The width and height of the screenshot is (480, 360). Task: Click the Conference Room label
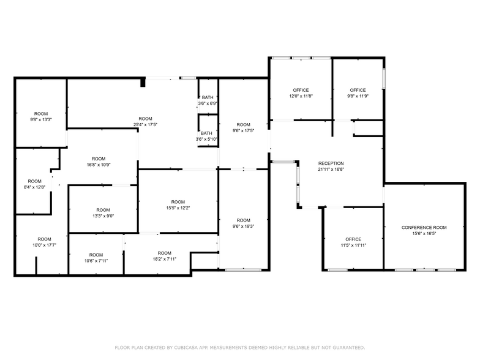point(424,227)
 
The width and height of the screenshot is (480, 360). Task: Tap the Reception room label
point(331,163)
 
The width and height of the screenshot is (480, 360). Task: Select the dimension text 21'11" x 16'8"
point(331,170)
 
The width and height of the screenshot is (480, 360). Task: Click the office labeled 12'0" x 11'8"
point(301,93)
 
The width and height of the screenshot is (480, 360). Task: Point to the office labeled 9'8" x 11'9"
point(358,93)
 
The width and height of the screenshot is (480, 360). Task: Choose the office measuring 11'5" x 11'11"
point(353,242)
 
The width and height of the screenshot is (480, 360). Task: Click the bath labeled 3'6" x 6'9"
point(208,100)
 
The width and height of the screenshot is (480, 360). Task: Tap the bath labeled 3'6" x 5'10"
point(206,136)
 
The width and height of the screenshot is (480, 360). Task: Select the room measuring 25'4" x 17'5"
point(145,121)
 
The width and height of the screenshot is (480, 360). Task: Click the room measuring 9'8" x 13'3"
point(40,116)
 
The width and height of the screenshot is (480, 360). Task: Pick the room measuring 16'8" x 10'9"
point(99,162)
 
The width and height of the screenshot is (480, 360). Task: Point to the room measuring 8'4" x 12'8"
point(34,184)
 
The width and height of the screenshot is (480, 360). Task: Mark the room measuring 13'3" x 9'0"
point(103,212)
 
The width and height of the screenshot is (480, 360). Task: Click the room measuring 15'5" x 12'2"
point(178,205)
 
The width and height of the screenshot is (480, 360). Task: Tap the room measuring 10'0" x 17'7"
point(44,242)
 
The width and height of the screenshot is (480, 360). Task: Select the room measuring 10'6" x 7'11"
point(96,258)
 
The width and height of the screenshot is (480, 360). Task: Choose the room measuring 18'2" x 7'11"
point(164,256)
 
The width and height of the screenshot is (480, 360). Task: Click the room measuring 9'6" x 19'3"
point(244,223)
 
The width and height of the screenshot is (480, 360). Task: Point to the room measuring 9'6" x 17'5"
point(244,127)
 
